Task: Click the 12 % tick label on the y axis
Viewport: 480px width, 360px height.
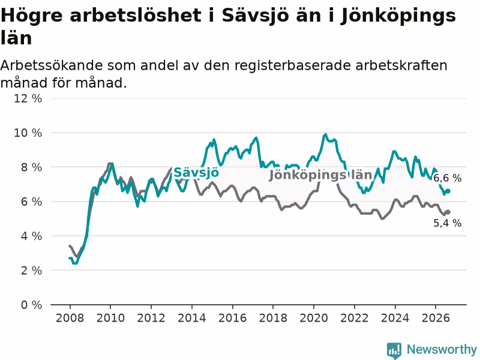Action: (28, 98)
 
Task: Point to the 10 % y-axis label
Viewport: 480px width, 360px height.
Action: (28, 133)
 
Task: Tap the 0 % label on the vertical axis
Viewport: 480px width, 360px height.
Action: (32, 305)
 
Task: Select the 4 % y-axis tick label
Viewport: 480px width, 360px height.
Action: (32, 236)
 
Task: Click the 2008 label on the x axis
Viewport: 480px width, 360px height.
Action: (70, 318)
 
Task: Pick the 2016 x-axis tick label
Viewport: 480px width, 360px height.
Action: (232, 318)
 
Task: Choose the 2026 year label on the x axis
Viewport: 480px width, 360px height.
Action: (436, 318)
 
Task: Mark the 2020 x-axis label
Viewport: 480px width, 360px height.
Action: (314, 318)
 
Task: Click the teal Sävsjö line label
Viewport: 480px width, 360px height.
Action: (196, 173)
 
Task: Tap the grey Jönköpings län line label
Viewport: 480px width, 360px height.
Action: (320, 175)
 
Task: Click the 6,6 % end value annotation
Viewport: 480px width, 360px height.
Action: (447, 178)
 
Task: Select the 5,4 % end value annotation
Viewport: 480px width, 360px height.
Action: (447, 223)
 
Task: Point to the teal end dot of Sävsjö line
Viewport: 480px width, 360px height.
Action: (448, 191)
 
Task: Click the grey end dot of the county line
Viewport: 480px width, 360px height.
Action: (448, 212)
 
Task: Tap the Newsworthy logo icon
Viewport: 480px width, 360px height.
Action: (394, 350)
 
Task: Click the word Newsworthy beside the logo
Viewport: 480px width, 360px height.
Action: (442, 349)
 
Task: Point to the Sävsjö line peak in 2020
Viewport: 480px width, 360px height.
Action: (325, 134)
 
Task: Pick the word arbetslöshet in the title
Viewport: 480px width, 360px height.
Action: (135, 16)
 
